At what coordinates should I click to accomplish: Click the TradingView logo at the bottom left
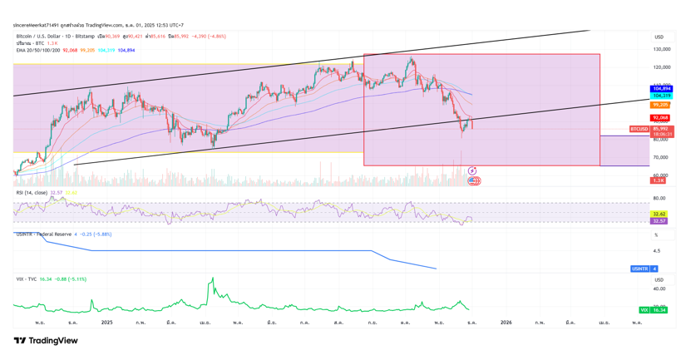(x=46, y=341)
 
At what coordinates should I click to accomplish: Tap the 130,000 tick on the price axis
(x=661, y=49)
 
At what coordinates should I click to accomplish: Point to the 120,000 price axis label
(x=661, y=67)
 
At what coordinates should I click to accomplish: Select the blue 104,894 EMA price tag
(x=661, y=88)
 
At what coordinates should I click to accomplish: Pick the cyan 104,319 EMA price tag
(x=661, y=96)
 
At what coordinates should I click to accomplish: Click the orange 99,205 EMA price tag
(x=661, y=105)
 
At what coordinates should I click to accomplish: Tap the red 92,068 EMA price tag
(x=661, y=118)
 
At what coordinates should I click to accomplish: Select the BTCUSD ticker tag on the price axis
(x=639, y=129)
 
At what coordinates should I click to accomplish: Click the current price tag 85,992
(x=662, y=129)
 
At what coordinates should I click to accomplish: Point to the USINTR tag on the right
(x=639, y=269)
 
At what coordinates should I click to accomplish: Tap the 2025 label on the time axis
(x=106, y=322)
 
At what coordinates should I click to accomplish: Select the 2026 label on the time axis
(x=506, y=322)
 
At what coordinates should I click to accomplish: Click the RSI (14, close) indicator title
(x=32, y=193)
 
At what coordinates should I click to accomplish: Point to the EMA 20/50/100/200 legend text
(x=38, y=50)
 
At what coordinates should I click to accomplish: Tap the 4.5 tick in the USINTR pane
(x=657, y=250)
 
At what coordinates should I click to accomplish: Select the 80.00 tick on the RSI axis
(x=659, y=198)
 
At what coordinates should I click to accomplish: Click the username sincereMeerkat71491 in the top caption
(x=39, y=25)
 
